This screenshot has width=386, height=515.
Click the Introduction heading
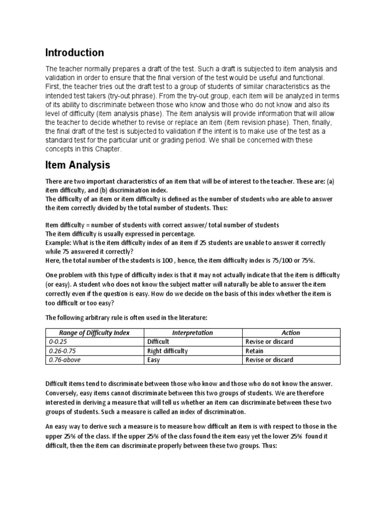click(75, 53)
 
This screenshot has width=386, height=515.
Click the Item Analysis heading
click(77, 164)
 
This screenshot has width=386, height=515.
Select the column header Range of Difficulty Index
click(94, 332)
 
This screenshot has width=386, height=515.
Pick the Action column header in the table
click(291, 332)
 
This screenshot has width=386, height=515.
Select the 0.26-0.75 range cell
click(58, 351)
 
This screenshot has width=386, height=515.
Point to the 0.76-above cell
click(60, 360)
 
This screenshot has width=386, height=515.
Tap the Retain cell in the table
click(254, 351)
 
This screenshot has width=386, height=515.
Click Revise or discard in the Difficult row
click(269, 341)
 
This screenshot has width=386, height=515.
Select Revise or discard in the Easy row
click(269, 360)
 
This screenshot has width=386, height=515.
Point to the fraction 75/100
click(284, 260)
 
